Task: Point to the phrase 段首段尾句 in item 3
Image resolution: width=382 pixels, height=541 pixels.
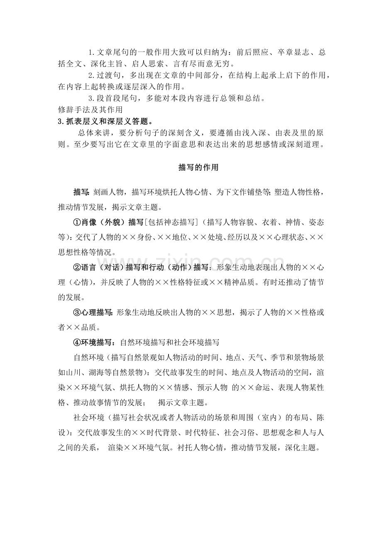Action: (118, 98)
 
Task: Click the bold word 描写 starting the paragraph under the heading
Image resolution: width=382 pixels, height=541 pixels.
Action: (81, 192)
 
